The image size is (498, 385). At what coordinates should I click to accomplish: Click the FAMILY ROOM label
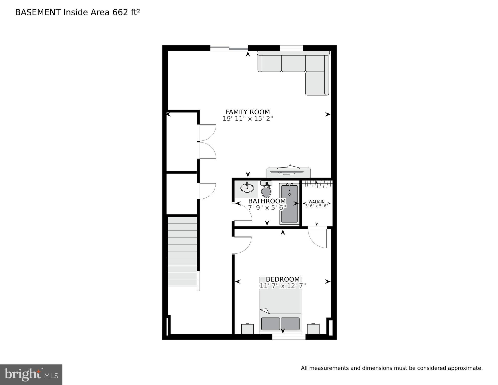click(x=248, y=112)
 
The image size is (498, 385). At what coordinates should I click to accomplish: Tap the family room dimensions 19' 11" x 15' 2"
click(x=248, y=119)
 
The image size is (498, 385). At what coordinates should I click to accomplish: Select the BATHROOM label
click(x=267, y=201)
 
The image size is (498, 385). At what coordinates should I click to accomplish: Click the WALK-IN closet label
click(x=316, y=202)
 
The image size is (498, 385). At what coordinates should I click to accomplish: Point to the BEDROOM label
click(x=283, y=279)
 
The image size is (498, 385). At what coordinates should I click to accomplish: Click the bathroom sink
click(x=247, y=188)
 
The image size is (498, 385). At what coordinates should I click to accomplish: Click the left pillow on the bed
click(x=270, y=324)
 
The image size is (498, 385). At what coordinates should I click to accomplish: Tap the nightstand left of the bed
click(x=247, y=329)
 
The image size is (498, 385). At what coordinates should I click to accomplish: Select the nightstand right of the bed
click(x=313, y=329)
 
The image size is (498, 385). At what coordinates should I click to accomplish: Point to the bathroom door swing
click(x=243, y=212)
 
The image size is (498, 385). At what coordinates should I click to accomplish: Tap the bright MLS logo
click(x=31, y=374)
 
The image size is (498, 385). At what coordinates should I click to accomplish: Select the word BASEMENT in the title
click(x=38, y=13)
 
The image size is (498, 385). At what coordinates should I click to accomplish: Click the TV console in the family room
click(x=288, y=173)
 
